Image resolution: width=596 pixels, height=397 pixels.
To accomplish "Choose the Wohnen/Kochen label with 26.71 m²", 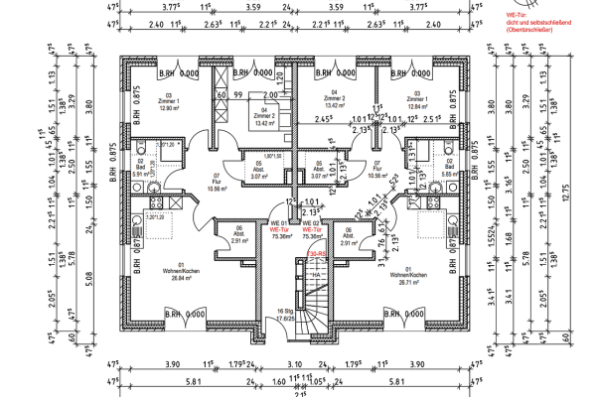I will click(x=407, y=277).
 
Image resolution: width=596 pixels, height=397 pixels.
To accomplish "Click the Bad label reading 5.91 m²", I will click(x=139, y=169).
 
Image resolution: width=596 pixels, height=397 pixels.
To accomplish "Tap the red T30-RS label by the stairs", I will click(x=317, y=254).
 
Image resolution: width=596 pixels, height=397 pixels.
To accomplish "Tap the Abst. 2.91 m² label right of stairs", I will click(x=348, y=238).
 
